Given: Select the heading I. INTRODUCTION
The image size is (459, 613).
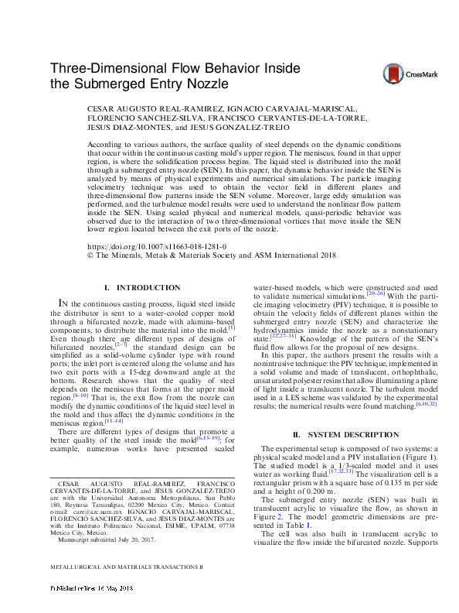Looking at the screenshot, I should [x=141, y=288].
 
